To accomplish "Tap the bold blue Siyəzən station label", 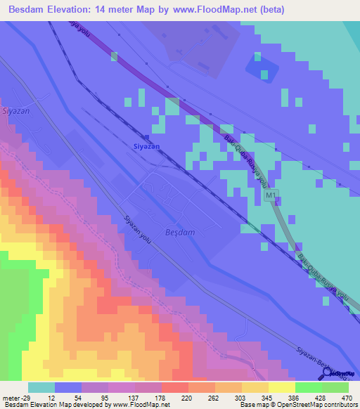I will click(x=146, y=146).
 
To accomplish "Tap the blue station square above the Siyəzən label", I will click(x=146, y=136).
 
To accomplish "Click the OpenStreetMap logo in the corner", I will click(x=340, y=373).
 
